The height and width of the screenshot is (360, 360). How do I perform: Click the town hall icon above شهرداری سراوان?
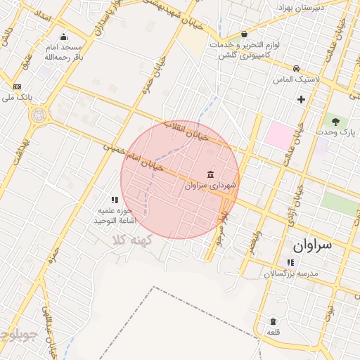coord(212,174)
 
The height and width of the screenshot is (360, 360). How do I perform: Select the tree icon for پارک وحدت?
coord(335,121)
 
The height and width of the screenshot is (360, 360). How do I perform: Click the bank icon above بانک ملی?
coord(17,86)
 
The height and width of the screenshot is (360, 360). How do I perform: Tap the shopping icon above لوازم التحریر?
coord(244,34)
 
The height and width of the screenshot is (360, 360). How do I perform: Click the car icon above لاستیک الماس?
coord(297,69)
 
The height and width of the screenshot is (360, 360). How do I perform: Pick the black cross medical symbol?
coord(302,99)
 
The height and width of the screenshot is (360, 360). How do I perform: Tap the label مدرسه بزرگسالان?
coord(291,273)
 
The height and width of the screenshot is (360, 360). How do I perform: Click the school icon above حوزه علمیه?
coord(115,200)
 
